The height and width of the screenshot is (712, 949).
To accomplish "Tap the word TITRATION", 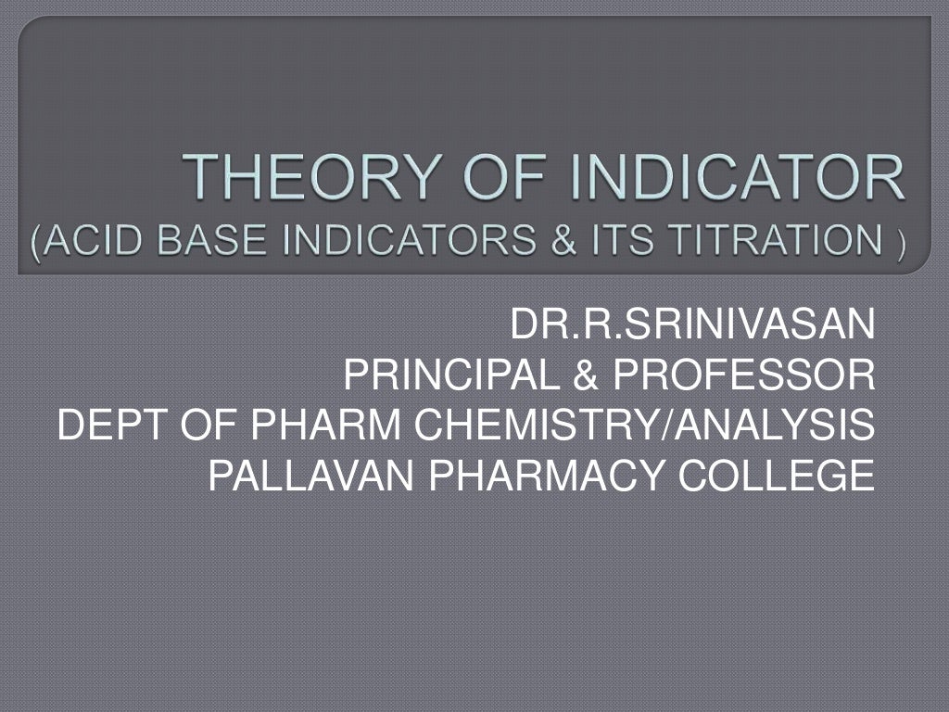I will coord(772,242).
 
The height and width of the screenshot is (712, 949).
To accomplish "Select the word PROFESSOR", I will coord(741,375).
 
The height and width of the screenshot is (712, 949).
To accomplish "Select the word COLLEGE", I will coord(778,477).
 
